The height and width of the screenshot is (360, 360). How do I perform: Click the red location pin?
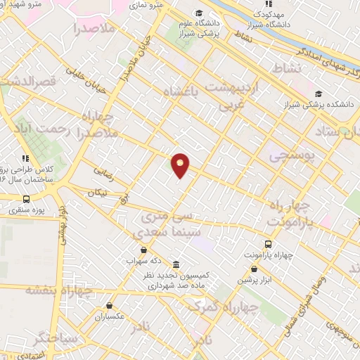pyautogui.click(x=181, y=165)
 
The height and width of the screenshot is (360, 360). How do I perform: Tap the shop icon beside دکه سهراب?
pyautogui.click(x=143, y=250)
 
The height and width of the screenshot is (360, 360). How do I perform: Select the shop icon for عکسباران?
pyautogui.click(x=110, y=306)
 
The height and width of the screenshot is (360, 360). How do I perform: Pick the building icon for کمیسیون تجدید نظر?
pyautogui.click(x=174, y=264)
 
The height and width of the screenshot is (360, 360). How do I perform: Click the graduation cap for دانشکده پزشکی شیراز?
pyautogui.click(x=319, y=94)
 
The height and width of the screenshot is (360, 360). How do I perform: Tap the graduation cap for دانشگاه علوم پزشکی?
pyautogui.click(x=199, y=13)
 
